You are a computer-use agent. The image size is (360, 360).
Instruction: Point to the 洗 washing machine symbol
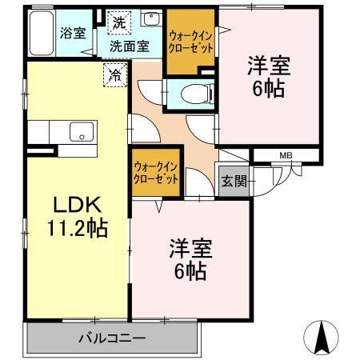[118, 21]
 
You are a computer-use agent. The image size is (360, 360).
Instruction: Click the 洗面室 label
[130, 46]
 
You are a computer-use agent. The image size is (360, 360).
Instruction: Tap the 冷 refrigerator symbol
[115, 77]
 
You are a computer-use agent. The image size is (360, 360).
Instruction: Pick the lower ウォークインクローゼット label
[157, 172]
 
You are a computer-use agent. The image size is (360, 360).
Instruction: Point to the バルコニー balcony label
[111, 336]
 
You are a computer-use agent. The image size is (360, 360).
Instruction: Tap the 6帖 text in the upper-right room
[268, 90]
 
